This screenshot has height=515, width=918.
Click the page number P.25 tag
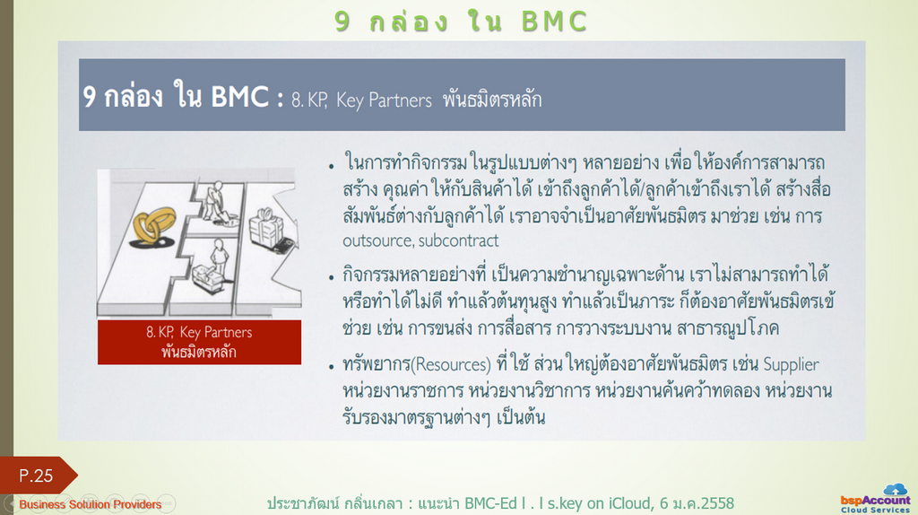[x=36, y=476]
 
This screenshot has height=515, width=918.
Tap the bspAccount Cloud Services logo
[x=876, y=499]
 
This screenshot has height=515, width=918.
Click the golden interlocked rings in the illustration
[x=153, y=226]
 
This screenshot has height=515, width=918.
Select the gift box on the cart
[x=266, y=227]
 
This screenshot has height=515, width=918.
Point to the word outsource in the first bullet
[x=377, y=240]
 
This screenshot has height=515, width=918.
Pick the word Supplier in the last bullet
[x=791, y=365]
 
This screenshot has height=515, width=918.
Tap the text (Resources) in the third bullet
[x=452, y=365]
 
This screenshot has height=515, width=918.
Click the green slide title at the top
[x=461, y=22]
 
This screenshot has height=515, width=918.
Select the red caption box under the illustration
[x=200, y=342]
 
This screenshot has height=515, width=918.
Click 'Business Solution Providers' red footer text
[x=91, y=504]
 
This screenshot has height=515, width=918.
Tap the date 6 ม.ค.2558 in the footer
[x=697, y=503]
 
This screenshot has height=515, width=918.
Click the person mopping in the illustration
[x=218, y=202]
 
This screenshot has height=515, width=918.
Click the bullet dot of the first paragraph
[x=332, y=167]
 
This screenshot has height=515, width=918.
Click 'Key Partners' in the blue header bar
[x=384, y=100]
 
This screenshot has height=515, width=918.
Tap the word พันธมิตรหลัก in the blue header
[x=492, y=100]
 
